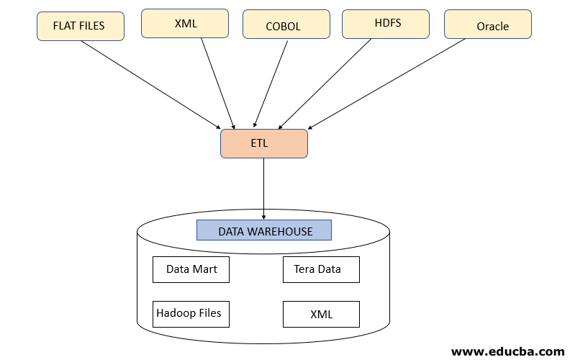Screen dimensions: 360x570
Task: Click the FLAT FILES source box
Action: click(x=80, y=26)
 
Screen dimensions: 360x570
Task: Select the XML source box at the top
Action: click(x=185, y=23)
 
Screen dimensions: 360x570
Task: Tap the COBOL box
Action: click(x=286, y=26)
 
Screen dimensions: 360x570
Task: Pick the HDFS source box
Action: click(x=387, y=23)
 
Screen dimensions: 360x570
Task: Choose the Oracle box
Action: click(x=488, y=26)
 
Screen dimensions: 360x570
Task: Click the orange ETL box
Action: click(x=263, y=143)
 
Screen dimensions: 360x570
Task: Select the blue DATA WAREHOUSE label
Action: click(x=264, y=230)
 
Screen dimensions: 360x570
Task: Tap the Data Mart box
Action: click(x=191, y=269)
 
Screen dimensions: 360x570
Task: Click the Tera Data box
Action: click(x=321, y=269)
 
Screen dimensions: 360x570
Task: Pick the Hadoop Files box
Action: click(x=191, y=314)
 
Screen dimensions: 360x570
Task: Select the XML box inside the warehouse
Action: click(x=321, y=315)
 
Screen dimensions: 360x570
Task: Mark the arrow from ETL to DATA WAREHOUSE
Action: click(x=263, y=187)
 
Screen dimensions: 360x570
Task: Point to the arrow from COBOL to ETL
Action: click(x=271, y=84)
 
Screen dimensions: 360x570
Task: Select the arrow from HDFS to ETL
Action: click(x=326, y=82)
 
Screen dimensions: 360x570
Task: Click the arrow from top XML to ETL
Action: click(x=217, y=82)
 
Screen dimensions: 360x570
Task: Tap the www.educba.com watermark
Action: click(x=507, y=351)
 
